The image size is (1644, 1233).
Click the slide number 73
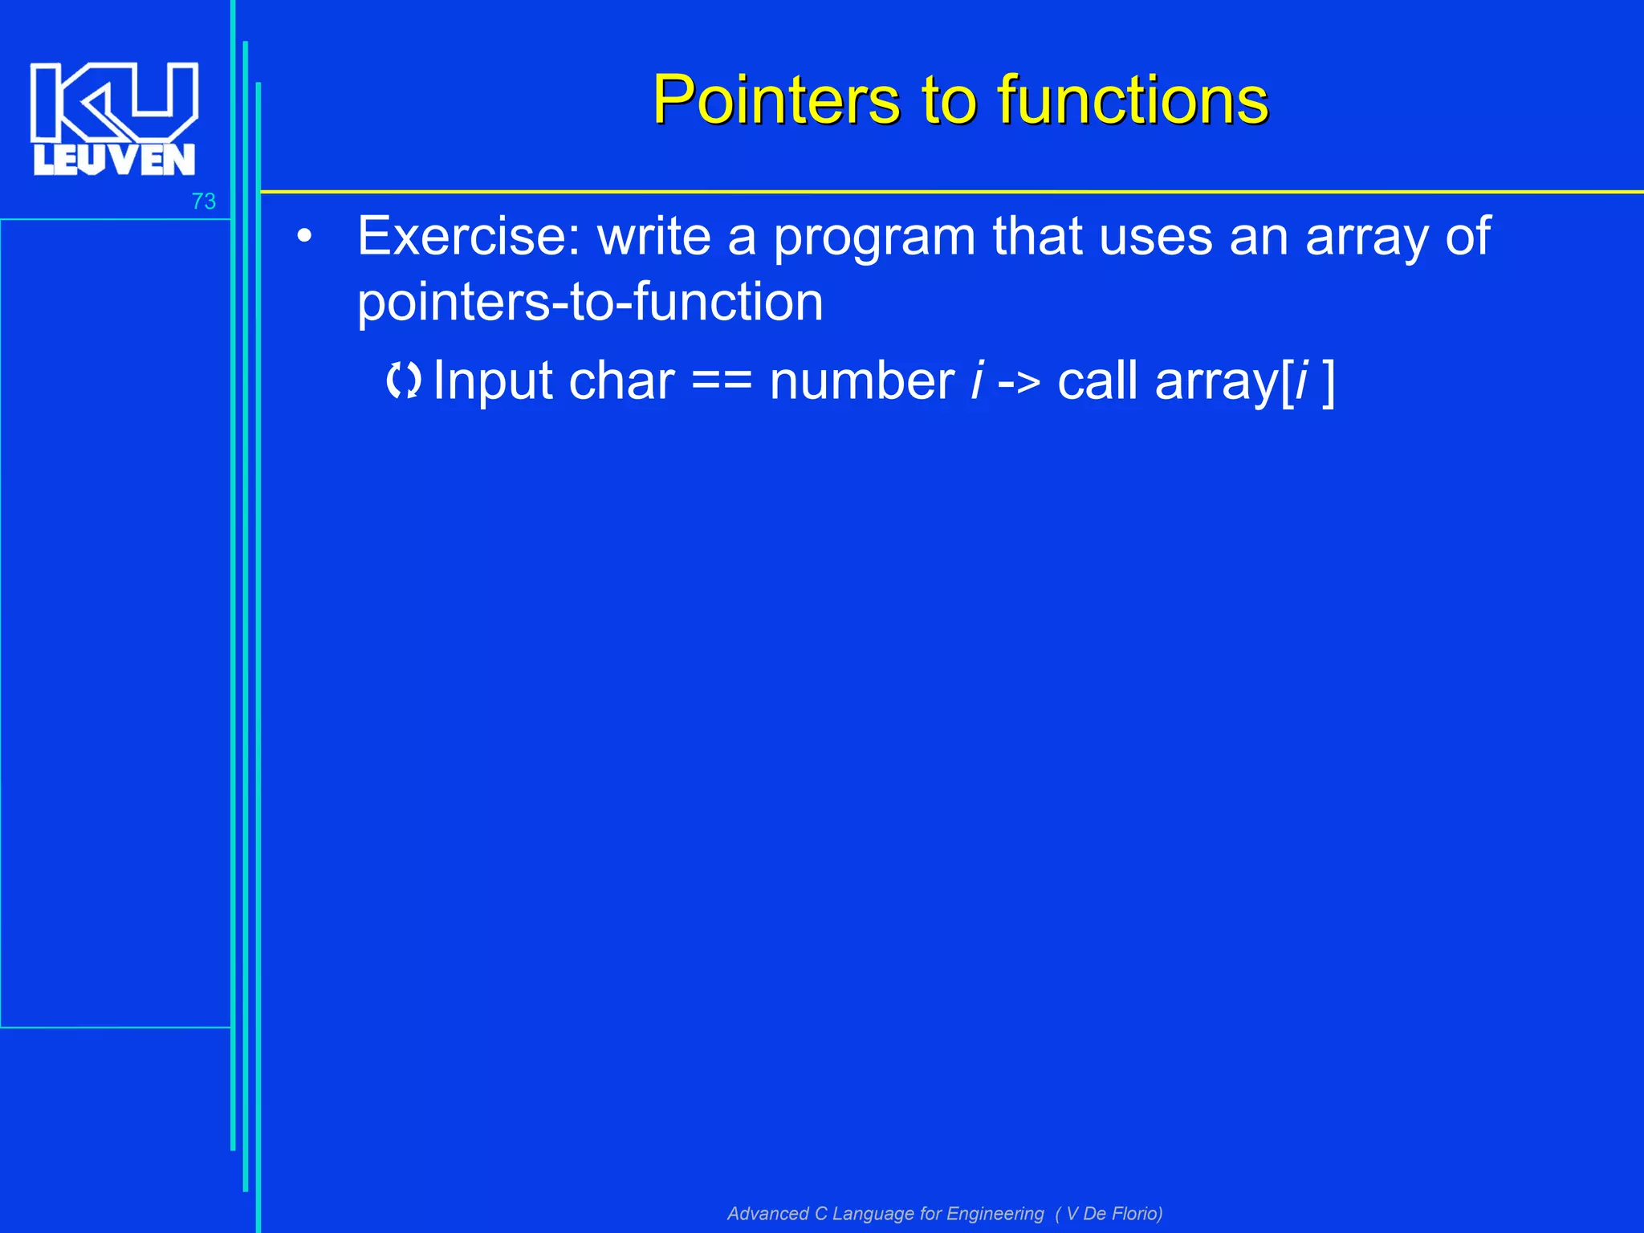[x=203, y=201]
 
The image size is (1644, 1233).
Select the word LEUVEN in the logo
[x=114, y=160]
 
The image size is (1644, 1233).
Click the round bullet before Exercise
[x=303, y=238]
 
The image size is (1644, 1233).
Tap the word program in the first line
[x=874, y=238]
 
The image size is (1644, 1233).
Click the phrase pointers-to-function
[x=590, y=303]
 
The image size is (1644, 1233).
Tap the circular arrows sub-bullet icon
[x=403, y=380]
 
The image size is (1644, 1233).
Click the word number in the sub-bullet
[x=861, y=380]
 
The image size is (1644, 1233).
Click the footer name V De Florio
[x=1113, y=1213]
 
